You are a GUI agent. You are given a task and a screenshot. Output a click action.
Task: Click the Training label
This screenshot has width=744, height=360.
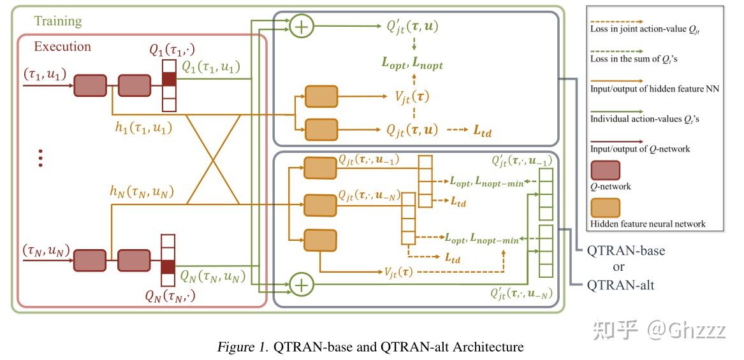click(x=58, y=21)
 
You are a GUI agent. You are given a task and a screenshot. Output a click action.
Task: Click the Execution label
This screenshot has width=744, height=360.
click(x=62, y=47)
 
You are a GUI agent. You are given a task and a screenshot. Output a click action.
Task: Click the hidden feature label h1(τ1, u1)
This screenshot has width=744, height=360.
click(x=140, y=127)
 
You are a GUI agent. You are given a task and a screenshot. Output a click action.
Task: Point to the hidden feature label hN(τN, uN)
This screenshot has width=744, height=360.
click(x=142, y=190)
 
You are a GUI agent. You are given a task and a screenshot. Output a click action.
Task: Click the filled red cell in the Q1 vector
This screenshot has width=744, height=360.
click(x=169, y=79)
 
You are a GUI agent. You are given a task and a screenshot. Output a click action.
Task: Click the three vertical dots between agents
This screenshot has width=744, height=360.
click(x=41, y=157)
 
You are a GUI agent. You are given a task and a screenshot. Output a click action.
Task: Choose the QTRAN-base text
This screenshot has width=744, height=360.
click(x=625, y=250)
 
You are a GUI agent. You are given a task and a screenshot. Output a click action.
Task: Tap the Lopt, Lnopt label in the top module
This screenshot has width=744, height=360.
click(x=412, y=63)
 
